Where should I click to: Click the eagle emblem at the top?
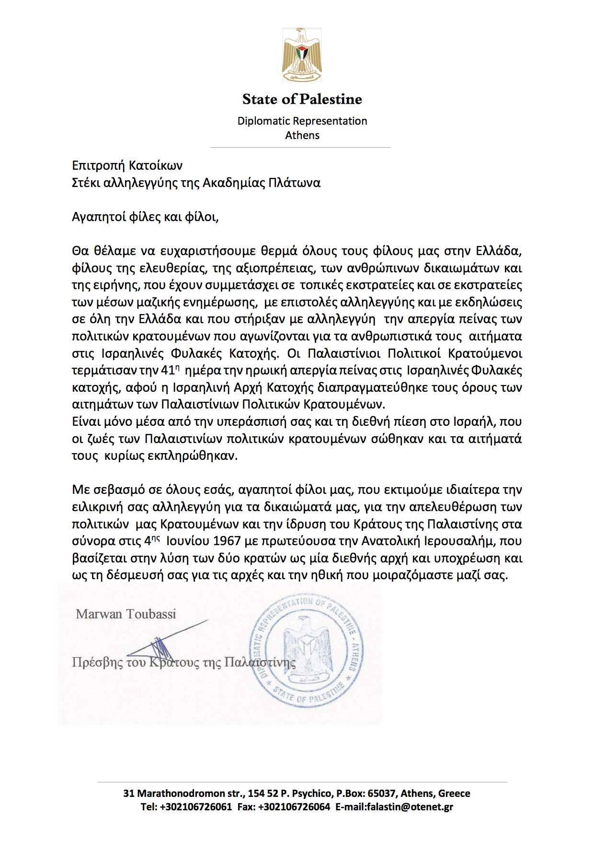point(302,55)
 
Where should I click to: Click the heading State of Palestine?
point(302,99)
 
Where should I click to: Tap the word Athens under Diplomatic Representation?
point(302,135)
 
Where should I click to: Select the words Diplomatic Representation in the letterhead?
point(302,121)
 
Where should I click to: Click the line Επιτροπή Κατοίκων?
point(127,166)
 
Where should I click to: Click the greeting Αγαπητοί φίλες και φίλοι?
point(145,217)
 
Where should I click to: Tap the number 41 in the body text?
point(168,371)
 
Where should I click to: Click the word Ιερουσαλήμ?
point(460,541)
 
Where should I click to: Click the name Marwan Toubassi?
point(126,614)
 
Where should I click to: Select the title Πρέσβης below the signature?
point(97,663)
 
